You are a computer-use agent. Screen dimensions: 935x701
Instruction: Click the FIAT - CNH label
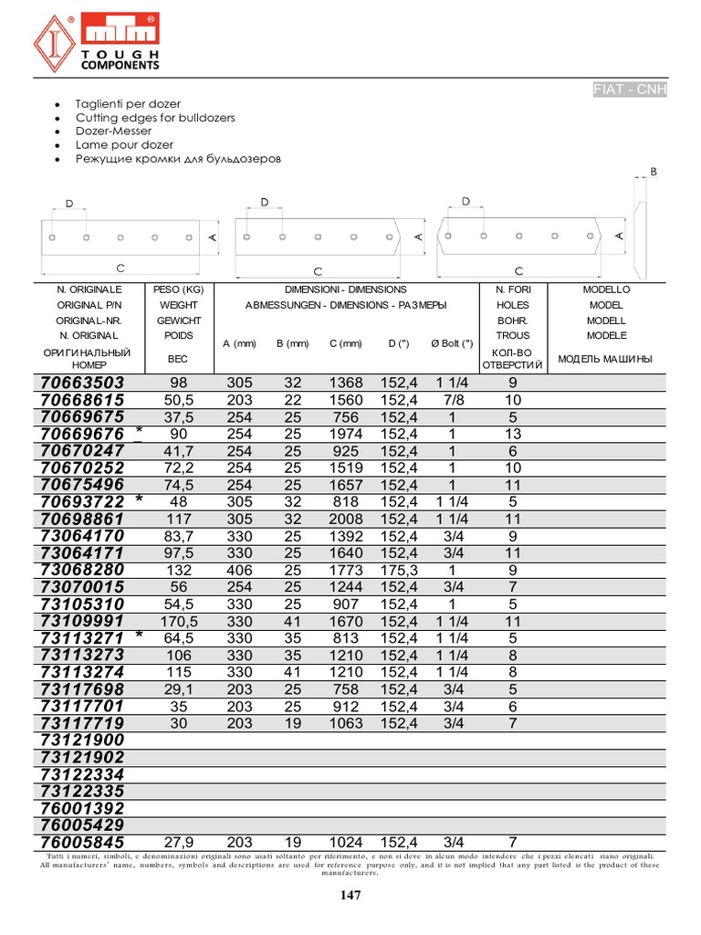[x=630, y=89]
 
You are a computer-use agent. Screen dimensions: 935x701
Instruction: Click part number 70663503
[x=82, y=383]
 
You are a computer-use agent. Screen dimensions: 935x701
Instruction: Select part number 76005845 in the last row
[x=82, y=842]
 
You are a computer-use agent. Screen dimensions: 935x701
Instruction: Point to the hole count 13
[x=512, y=434]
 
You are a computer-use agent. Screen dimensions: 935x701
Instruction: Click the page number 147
[x=350, y=895]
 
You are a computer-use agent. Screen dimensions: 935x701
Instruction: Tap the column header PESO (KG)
[x=179, y=289]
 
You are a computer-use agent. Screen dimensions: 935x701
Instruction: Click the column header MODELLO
[x=606, y=289]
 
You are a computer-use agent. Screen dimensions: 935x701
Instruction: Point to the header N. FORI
[x=512, y=289]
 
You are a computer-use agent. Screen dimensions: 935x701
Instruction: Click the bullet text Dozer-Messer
[x=113, y=131]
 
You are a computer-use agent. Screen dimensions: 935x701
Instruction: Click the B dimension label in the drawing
[x=653, y=172]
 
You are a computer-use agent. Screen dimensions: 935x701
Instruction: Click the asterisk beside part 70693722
[x=139, y=500]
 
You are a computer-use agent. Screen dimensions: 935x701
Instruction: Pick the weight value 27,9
[x=179, y=842]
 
